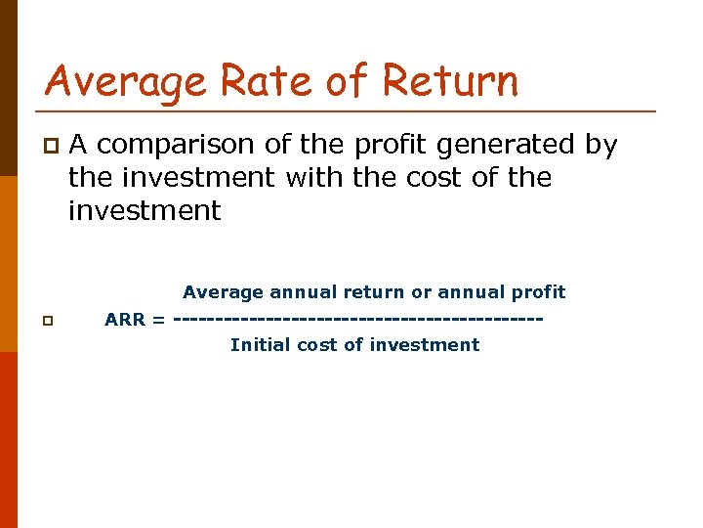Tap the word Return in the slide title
(451, 80)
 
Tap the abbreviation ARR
(125, 319)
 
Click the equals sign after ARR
(158, 319)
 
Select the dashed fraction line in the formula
(357, 319)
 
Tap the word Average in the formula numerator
(223, 292)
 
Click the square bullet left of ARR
(48, 320)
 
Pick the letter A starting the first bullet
(79, 146)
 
